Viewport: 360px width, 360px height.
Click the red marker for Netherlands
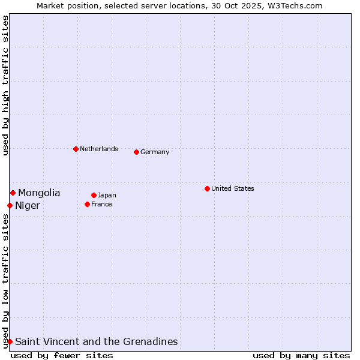pos(76,149)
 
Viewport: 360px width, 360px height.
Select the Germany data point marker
pos(136,152)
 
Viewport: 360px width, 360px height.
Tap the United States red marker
pos(207,188)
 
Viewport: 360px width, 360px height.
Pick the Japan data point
pos(94,195)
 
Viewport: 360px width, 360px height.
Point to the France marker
pos(87,204)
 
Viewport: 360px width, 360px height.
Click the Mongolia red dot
pos(13,193)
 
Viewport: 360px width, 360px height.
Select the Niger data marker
pos(10,205)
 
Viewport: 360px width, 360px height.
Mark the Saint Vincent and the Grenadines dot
pos(10,341)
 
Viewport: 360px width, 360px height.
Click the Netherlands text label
pos(99,149)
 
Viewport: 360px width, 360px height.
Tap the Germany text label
pos(155,152)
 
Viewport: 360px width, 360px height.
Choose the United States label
pos(233,188)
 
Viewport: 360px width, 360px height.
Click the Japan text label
pos(107,195)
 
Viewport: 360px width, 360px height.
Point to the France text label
pos(101,204)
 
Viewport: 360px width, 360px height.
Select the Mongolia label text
pos(39,193)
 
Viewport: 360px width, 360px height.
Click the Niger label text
pos(28,206)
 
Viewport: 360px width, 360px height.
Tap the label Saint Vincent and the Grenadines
pos(97,341)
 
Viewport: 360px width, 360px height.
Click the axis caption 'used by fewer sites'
pos(62,355)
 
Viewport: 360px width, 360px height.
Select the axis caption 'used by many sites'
pos(301,355)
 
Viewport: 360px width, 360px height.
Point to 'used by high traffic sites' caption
pos(5,85)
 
